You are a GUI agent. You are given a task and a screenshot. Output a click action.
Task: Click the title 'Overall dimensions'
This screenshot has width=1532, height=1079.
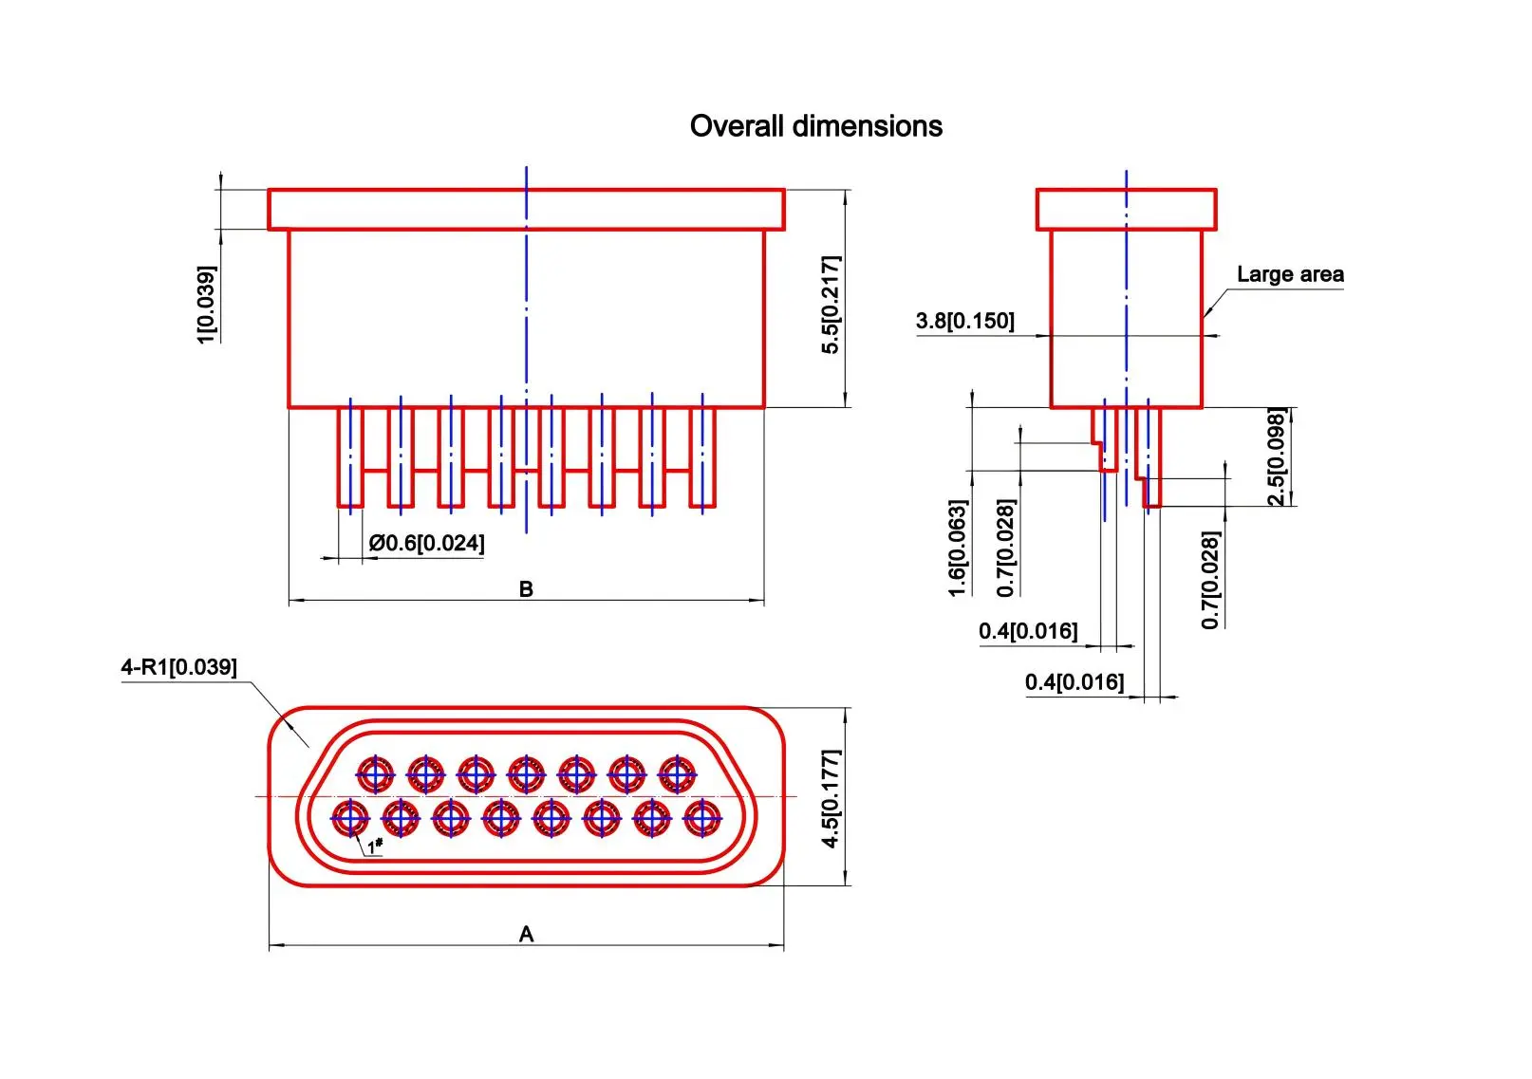pyautogui.click(x=815, y=126)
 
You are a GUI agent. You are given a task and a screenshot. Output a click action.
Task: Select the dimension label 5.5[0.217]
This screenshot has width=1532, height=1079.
pyautogui.click(x=831, y=305)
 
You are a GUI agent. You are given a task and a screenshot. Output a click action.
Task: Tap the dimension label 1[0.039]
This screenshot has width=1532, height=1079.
pyautogui.click(x=206, y=305)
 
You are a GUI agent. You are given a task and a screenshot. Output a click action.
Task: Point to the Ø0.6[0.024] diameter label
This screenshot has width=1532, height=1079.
pyautogui.click(x=426, y=543)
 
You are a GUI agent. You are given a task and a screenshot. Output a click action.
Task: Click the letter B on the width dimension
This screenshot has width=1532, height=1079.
pyautogui.click(x=526, y=589)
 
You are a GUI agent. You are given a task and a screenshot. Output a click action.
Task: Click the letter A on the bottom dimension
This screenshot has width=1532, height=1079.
pyautogui.click(x=526, y=935)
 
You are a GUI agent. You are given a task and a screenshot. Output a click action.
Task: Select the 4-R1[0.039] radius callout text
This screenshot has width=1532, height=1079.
pyautogui.click(x=178, y=667)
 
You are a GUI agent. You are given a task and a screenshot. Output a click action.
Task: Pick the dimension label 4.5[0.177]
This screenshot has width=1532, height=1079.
pyautogui.click(x=831, y=798)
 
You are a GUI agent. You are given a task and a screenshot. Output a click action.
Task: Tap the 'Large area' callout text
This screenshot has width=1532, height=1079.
pyautogui.click(x=1290, y=274)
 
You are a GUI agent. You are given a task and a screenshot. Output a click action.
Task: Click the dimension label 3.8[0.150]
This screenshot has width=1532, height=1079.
pyautogui.click(x=964, y=321)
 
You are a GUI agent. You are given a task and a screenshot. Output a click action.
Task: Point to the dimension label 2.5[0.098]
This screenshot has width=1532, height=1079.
pyautogui.click(x=1277, y=457)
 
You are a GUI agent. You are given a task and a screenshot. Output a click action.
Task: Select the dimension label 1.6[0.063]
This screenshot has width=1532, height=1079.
pyautogui.click(x=958, y=549)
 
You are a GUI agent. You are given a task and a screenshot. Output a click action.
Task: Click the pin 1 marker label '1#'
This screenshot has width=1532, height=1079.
pyautogui.click(x=375, y=845)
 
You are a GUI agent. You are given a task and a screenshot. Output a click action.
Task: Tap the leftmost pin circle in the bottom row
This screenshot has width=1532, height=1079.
pyautogui.click(x=350, y=817)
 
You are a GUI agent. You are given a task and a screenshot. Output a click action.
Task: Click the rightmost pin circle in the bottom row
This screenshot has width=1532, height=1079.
pyautogui.click(x=701, y=817)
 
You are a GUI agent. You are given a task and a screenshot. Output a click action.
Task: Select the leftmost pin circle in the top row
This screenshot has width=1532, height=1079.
pyautogui.click(x=376, y=774)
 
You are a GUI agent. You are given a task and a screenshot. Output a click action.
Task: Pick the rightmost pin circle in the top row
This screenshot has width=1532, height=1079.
pyautogui.click(x=677, y=774)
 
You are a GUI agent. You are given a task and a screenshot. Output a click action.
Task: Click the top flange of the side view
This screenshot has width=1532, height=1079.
pyautogui.click(x=1126, y=210)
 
